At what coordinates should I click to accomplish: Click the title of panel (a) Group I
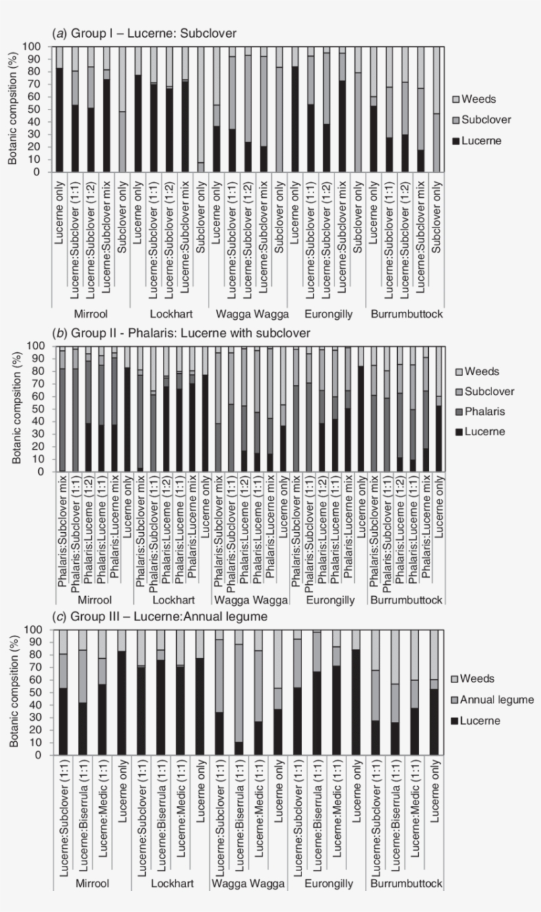pos(144,33)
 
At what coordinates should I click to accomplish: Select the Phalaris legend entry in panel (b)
pos(480,411)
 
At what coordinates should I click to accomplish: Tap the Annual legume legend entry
pos(493,700)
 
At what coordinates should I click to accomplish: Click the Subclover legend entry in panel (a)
pos(482,120)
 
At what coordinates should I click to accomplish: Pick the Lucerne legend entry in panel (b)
pos(480,431)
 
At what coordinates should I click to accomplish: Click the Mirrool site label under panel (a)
pos(91,314)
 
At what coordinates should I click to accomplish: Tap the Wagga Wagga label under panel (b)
pos(251,600)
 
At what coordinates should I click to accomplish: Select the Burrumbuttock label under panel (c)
pos(406,884)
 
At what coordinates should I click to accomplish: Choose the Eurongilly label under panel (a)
pos(329,314)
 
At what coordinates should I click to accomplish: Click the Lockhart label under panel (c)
pos(172,884)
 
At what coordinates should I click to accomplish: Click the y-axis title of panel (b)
pos(16,408)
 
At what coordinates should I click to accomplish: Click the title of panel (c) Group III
pos(160,617)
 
